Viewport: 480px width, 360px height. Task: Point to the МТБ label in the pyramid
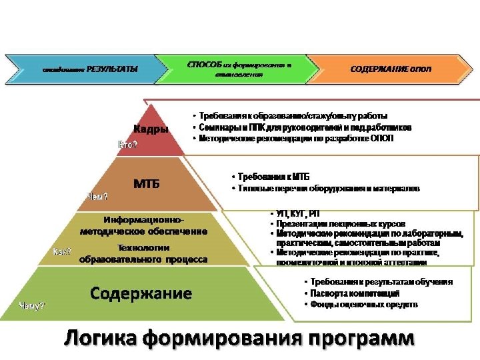point(147,184)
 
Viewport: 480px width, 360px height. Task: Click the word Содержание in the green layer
point(141,293)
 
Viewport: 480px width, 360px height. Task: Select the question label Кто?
point(128,145)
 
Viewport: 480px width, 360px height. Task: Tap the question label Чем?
point(98,196)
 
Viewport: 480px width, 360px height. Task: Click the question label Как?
point(62,251)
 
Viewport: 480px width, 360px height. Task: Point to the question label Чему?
point(32,306)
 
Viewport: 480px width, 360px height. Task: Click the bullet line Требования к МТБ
point(273,177)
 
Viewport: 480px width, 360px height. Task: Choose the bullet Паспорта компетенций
point(354,293)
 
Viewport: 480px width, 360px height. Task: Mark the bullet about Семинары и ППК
point(304,127)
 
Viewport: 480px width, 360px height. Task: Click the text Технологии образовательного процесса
point(143,254)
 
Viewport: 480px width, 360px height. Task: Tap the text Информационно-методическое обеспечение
point(143,225)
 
